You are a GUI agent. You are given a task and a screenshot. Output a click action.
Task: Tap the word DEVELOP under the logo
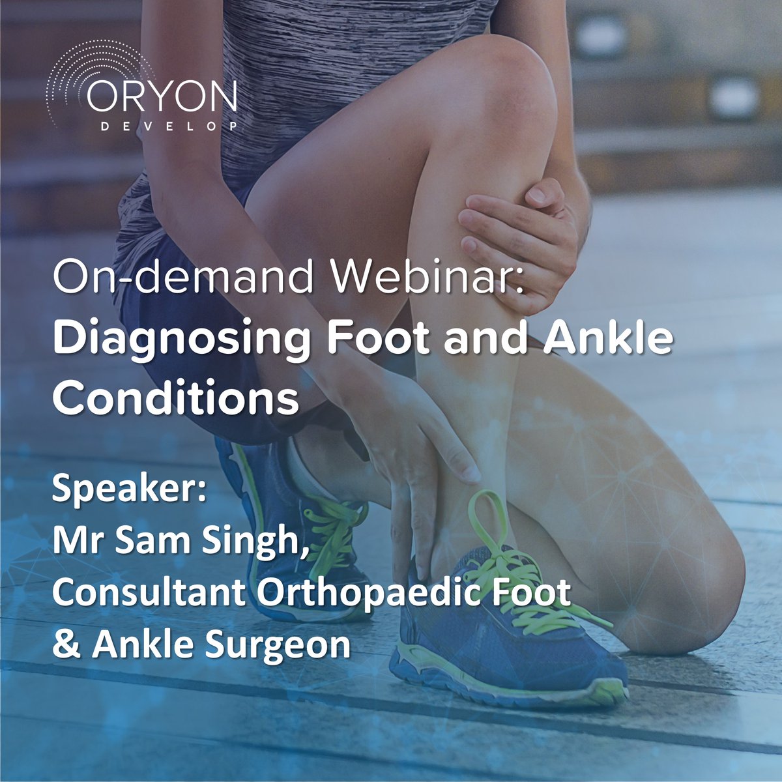tap(169, 126)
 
